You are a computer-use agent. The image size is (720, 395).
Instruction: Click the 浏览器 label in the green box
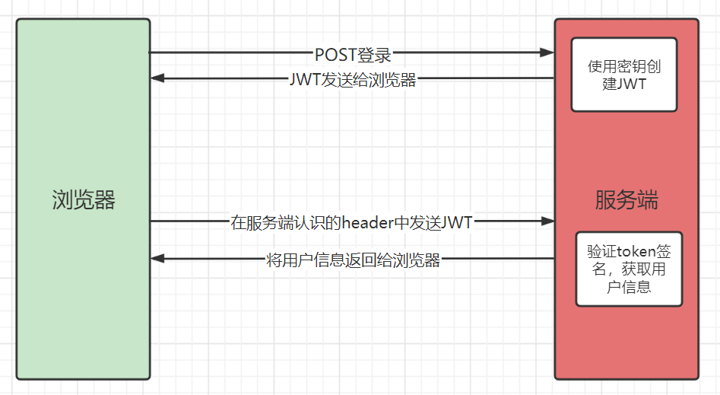click(x=84, y=200)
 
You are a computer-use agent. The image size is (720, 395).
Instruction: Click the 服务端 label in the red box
click(x=626, y=200)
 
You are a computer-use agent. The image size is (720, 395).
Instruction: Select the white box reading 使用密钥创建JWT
click(x=624, y=75)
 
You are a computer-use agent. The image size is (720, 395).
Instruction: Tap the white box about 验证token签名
click(x=629, y=269)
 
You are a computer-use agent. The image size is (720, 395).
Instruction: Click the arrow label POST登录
click(x=353, y=55)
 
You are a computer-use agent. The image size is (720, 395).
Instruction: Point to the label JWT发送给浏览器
click(x=353, y=80)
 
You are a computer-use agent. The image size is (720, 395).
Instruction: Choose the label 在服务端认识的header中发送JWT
click(x=351, y=223)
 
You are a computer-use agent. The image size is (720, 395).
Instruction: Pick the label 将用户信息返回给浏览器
click(x=354, y=260)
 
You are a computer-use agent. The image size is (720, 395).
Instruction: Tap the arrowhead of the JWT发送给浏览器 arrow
click(x=157, y=78)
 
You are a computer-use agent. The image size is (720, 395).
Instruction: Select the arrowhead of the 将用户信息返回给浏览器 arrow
click(x=157, y=259)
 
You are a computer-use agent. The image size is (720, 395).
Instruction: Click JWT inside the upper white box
click(x=632, y=84)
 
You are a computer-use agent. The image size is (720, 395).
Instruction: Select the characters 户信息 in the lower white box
click(x=629, y=287)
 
